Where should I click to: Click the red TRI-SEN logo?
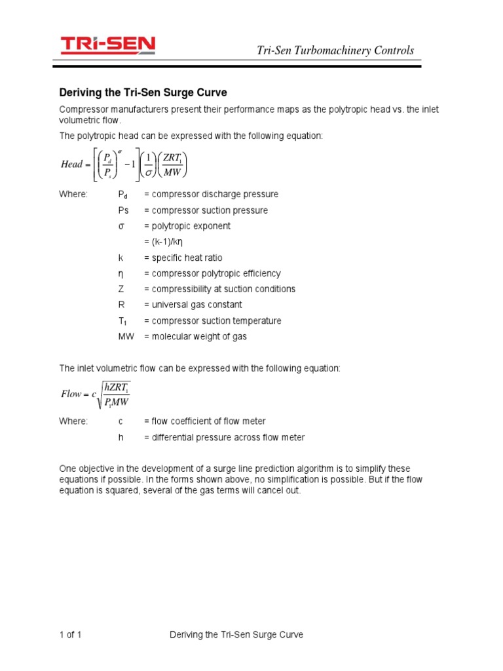108,45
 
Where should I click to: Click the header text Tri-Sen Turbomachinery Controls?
334,50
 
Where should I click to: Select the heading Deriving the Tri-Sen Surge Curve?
143,92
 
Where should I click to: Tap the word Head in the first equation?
71,164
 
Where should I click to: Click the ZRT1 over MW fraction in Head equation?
172,164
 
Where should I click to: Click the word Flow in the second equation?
71,394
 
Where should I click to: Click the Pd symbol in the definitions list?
123,195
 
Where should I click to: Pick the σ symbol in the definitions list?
121,226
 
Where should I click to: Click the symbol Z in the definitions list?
121,289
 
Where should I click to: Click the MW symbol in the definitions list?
125,336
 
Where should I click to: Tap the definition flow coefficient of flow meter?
205,421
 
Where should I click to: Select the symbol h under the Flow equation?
121,437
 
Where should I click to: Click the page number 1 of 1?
70,635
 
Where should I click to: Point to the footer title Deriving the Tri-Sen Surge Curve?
236,635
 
